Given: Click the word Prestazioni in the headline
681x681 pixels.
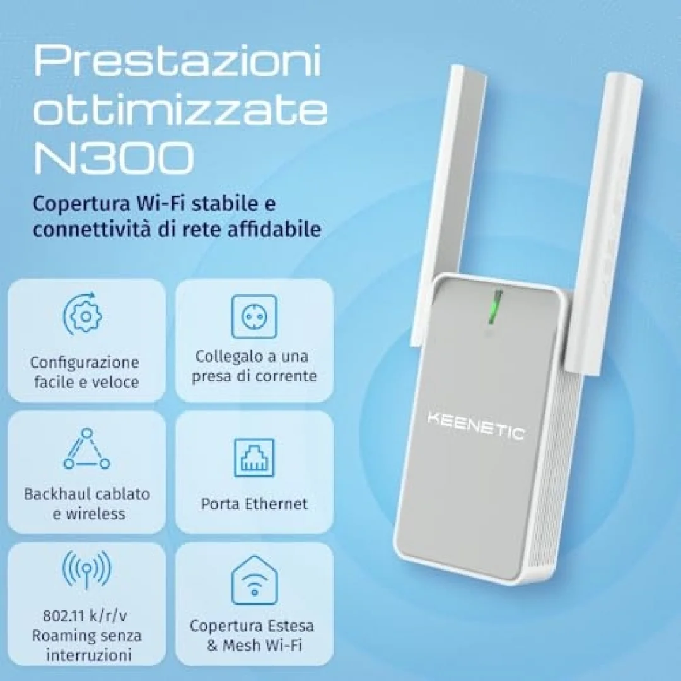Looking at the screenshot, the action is (x=177, y=61).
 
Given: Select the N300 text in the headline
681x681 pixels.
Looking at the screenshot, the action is (x=113, y=157).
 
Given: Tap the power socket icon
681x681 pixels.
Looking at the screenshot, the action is (x=254, y=317).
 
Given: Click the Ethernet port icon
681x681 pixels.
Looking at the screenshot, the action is (x=254, y=457).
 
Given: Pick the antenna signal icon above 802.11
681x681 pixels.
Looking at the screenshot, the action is (x=86, y=569).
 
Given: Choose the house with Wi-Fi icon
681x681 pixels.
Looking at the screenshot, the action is (x=255, y=580).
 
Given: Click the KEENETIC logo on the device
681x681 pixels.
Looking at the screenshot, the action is (x=476, y=426).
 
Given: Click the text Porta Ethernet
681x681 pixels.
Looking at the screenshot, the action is (x=254, y=504).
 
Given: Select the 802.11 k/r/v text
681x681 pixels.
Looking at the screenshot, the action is (x=85, y=616).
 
